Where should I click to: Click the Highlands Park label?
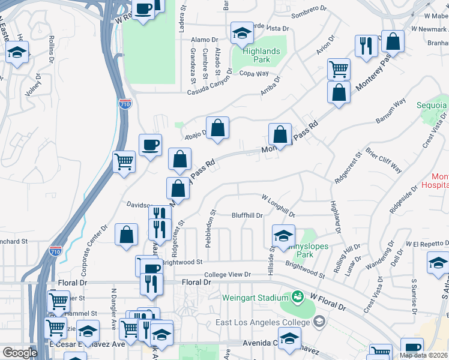261,56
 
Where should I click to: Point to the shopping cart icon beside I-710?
124,161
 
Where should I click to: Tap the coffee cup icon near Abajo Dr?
150,144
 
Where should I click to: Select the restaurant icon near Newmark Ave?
366,45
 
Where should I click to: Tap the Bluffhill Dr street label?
247,215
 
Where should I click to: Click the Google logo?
19,352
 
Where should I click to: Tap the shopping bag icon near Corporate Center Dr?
127,235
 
